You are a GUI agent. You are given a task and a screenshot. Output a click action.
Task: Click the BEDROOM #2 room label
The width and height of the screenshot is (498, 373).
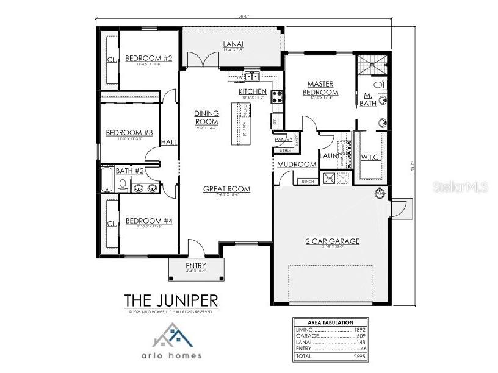pyautogui.click(x=148, y=59)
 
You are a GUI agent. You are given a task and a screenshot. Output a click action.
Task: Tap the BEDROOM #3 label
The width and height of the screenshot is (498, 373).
pyautogui.click(x=129, y=133)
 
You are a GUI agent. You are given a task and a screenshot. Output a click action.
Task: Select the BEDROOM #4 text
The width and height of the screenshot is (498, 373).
pyautogui.click(x=148, y=221)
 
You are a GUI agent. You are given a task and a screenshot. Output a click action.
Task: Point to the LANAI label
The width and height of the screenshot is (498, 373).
pyautogui.click(x=233, y=44)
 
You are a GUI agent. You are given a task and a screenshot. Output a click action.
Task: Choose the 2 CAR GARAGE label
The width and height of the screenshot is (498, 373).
pyautogui.click(x=332, y=241)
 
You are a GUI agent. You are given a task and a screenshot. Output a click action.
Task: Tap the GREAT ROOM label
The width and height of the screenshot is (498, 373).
pyautogui.click(x=226, y=189)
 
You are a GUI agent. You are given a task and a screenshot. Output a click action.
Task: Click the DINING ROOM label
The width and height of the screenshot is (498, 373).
pyautogui.click(x=206, y=118)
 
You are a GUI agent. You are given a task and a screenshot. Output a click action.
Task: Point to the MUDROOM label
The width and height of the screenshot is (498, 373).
pyautogui.click(x=297, y=165)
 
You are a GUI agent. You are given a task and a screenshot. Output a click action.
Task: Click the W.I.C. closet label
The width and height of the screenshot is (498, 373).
pyautogui.click(x=371, y=157)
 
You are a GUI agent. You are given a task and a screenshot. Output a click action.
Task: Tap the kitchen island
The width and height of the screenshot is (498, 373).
pyautogui.click(x=242, y=124)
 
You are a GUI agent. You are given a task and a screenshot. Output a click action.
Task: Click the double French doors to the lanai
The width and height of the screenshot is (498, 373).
pyautogui.click(x=202, y=60)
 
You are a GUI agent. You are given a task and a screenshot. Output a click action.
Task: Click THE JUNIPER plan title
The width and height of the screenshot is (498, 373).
pyautogui.click(x=171, y=300)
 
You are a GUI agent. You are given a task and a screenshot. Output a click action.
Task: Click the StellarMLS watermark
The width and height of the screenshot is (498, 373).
pyautogui.click(x=461, y=187)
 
